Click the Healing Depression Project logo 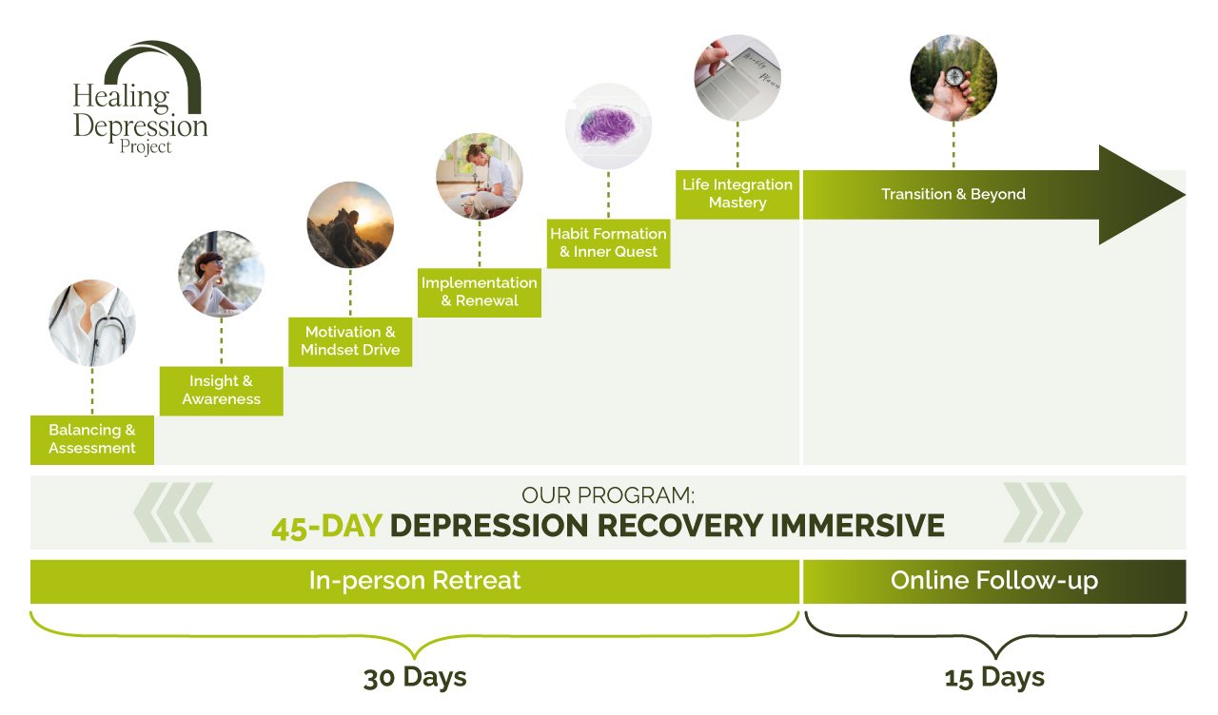[140, 98]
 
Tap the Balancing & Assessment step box [92, 439]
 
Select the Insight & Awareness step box [222, 391]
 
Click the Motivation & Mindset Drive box [350, 341]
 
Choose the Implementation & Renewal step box [479, 292]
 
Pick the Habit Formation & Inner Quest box [608, 243]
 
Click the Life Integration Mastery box [737, 194]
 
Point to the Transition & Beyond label [953, 194]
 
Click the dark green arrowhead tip [1186, 195]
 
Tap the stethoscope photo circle [92, 322]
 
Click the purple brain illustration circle [608, 126]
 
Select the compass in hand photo [953, 78]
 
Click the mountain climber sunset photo [350, 224]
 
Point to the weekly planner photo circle [737, 78]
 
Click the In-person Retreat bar [415, 581]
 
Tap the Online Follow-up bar [994, 581]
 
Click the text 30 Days [415, 678]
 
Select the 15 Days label [994, 678]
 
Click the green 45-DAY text [326, 526]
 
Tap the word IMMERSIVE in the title [857, 526]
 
